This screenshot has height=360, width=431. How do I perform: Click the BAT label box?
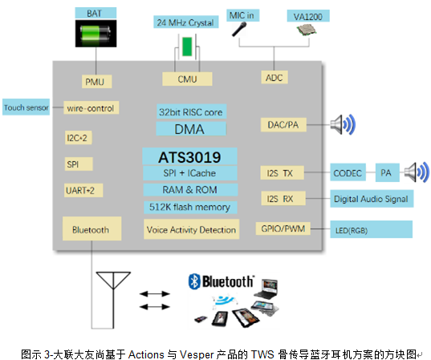(x=95, y=13)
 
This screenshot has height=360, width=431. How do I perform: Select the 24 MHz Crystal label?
(x=186, y=22)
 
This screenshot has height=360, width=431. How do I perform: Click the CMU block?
(x=186, y=79)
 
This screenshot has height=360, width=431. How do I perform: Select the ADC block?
(x=273, y=77)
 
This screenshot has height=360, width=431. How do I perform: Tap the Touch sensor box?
(x=25, y=107)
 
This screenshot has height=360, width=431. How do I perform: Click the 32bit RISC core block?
(x=190, y=112)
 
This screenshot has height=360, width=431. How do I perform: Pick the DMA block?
(x=190, y=129)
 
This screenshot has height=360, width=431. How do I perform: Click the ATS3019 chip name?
(x=190, y=156)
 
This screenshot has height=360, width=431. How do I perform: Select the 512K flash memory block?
(x=190, y=207)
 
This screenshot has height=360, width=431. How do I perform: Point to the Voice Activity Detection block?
(x=191, y=229)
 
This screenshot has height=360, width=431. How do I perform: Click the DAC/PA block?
(x=281, y=124)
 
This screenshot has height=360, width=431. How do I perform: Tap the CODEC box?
(x=348, y=172)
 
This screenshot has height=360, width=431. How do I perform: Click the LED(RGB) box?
(x=370, y=230)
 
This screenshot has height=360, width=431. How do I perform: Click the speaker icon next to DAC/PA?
(x=344, y=125)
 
